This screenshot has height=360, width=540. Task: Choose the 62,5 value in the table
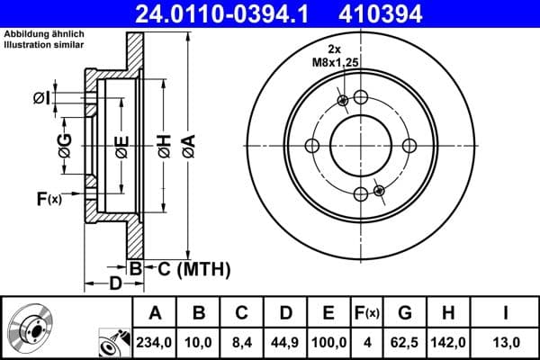405,341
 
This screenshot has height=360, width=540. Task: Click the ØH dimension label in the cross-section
164,147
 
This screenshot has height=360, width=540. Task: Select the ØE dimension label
121,147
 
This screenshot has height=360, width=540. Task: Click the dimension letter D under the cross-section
115,284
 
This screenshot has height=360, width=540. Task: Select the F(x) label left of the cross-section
49,198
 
